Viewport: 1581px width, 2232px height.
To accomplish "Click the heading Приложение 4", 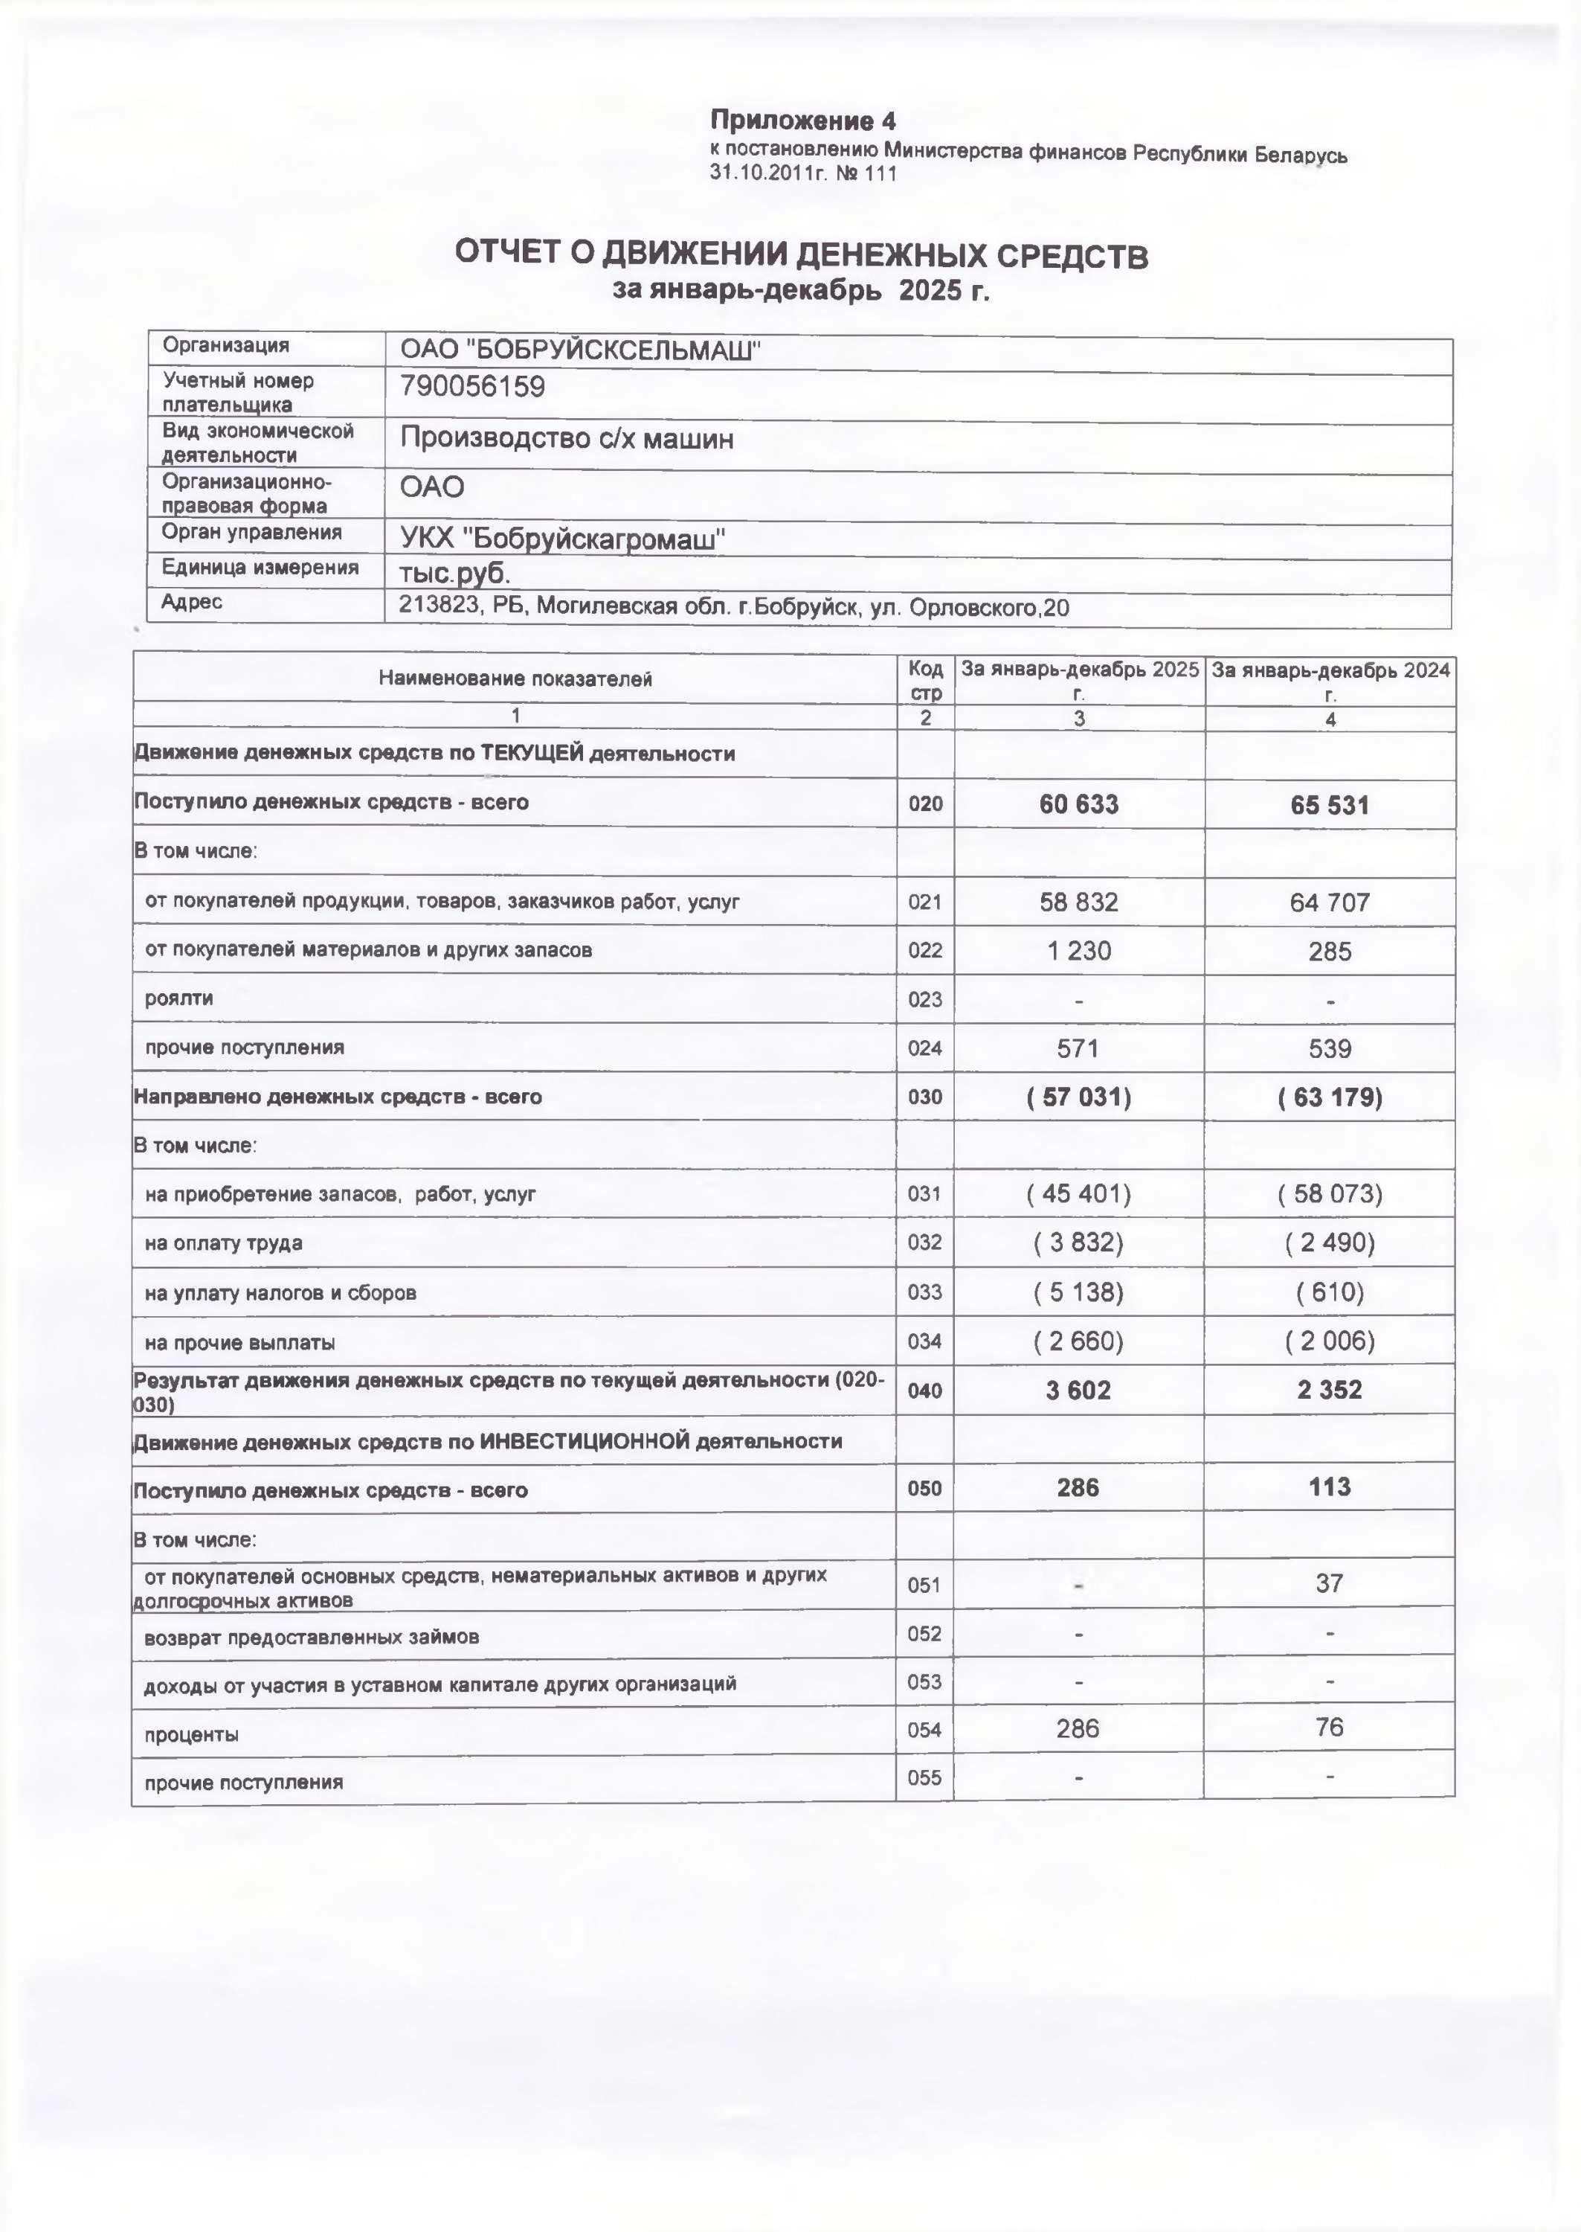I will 802,121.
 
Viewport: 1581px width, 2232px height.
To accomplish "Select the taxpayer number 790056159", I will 472,388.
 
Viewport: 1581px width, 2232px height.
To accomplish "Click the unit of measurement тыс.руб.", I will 454,573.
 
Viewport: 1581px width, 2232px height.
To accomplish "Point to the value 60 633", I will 1078,804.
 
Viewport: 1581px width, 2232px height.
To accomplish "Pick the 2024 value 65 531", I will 1330,805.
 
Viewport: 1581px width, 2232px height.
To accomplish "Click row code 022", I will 925,950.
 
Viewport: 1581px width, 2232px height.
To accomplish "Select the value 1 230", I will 1078,950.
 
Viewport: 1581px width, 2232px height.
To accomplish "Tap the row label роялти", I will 178,998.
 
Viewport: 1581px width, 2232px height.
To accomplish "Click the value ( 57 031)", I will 1078,1097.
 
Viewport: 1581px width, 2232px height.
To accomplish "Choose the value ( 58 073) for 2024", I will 1330,1194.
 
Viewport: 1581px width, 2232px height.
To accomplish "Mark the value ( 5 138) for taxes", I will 1078,1292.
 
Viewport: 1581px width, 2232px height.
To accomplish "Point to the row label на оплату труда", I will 223,1243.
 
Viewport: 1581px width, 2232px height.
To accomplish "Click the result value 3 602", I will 1078,1391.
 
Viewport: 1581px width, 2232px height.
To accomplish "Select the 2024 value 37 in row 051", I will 1330,1583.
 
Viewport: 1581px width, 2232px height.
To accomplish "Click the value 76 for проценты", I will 1330,1728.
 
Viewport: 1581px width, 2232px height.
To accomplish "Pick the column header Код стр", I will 925,681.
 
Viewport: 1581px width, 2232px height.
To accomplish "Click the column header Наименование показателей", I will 515,679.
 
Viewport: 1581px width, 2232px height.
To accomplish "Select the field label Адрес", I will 192,603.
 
